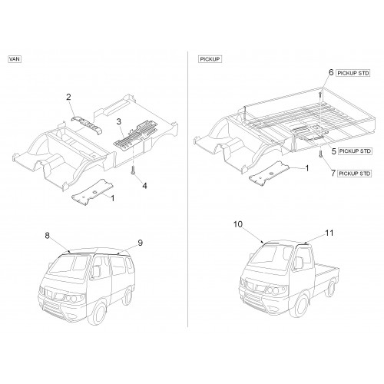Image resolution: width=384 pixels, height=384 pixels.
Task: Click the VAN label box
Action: tap(15, 59)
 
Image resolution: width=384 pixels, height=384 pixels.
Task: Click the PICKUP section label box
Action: tap(210, 59)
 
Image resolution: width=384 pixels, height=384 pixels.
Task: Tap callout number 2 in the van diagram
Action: tap(68, 97)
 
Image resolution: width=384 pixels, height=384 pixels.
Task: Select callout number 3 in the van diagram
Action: tap(119, 121)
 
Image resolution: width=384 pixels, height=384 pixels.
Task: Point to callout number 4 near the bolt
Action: tap(145, 186)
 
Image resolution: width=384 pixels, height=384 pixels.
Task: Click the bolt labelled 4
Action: tap(133, 170)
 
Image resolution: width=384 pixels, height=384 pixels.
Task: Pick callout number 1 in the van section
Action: tap(112, 198)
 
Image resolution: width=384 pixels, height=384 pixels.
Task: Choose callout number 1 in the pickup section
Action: tap(307, 168)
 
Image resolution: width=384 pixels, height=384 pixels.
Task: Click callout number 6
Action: tap(331, 72)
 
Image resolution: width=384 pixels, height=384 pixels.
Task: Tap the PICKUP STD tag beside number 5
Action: tap(355, 151)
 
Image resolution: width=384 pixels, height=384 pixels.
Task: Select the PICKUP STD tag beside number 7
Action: tap(355, 174)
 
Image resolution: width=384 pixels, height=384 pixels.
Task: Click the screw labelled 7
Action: tap(320, 154)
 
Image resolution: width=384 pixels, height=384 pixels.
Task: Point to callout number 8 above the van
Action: tap(48, 235)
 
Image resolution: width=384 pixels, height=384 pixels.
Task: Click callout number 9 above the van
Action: tap(141, 243)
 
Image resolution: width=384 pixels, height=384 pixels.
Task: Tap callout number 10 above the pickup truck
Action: tap(238, 224)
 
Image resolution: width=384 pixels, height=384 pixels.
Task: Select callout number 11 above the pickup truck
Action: tap(329, 233)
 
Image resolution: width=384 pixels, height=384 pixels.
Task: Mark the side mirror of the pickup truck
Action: tap(299, 263)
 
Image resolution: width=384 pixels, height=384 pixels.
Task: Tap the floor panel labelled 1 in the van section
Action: tap(92, 192)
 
